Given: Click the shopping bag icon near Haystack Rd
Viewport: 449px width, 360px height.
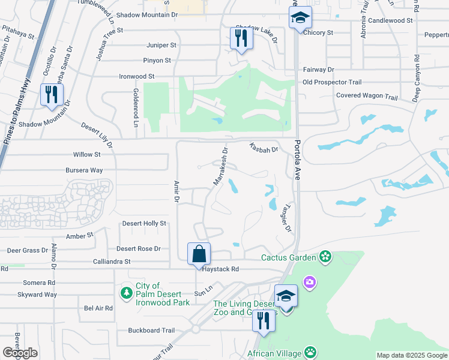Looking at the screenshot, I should click(199, 253).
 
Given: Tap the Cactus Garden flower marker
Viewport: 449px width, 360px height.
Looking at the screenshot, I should click(325, 257).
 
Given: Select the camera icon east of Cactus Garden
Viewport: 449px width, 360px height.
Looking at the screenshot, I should click(309, 281).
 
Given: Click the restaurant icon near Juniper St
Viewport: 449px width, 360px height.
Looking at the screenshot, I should click(241, 38).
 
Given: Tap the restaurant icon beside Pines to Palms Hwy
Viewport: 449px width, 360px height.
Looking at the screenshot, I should click(51, 95).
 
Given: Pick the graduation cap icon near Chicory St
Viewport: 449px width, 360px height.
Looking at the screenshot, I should click(301, 18).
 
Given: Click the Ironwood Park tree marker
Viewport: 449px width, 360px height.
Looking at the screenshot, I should click(126, 292).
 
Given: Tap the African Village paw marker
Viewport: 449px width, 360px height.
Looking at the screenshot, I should click(310, 352).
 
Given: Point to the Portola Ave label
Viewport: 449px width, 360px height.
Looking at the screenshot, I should click(297, 160).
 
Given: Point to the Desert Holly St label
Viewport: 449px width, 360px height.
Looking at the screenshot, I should click(144, 223).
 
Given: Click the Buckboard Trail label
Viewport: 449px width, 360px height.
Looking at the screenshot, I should click(151, 330).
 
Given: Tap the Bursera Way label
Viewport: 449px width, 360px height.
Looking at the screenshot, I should click(85, 170).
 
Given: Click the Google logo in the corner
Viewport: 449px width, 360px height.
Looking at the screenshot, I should click(20, 353).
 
